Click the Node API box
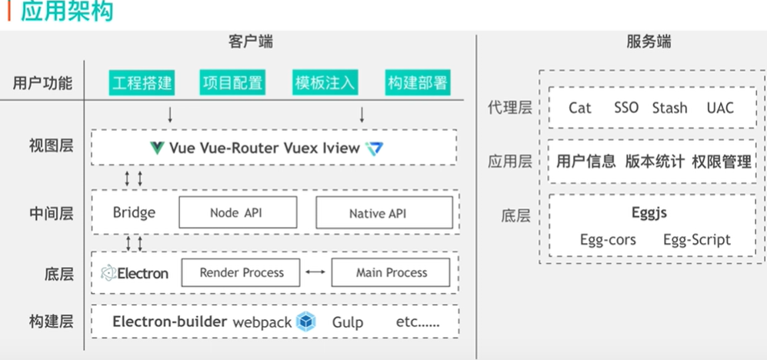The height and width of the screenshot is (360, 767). click(x=235, y=213)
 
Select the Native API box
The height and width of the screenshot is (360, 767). click(x=377, y=213)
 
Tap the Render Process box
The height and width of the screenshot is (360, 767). click(x=242, y=272)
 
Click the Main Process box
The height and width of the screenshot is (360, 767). click(x=391, y=272)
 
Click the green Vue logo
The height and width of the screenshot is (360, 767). click(x=157, y=148)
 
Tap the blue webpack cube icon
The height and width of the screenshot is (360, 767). click(x=306, y=322)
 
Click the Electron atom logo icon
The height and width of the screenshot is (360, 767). click(x=108, y=273)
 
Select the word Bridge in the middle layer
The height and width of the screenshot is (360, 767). click(x=134, y=212)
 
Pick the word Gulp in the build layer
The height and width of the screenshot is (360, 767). click(x=348, y=322)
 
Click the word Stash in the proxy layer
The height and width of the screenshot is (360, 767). click(x=669, y=108)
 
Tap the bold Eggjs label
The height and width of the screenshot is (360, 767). click(x=649, y=213)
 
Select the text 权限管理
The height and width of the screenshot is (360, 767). click(x=721, y=162)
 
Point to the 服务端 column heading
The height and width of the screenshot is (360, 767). click(x=649, y=42)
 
